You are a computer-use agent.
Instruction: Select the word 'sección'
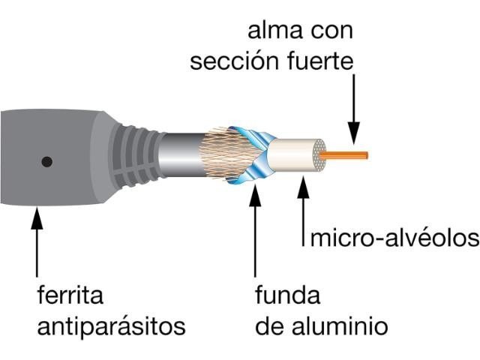235,61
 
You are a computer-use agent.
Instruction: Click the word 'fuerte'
320,61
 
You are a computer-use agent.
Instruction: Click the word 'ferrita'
70,295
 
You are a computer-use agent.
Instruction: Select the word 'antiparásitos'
112,327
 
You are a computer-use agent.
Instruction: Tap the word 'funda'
288,295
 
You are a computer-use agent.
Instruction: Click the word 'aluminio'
340,325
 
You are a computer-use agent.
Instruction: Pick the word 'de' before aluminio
269,325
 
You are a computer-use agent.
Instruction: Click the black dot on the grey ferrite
46,162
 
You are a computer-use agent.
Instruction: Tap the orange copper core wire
343,155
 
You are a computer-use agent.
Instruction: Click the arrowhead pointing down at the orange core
354,133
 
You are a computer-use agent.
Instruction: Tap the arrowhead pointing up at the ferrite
37,218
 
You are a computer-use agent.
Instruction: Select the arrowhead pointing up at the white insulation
303,187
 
